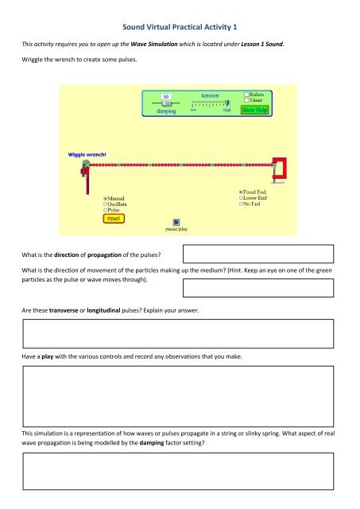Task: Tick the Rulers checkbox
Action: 247,94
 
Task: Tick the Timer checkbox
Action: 247,100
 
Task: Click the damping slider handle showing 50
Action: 166,96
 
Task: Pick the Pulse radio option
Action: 106,210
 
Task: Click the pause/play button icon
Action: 176,222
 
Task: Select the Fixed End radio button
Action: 241,192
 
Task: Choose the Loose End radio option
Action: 241,198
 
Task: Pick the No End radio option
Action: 241,204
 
